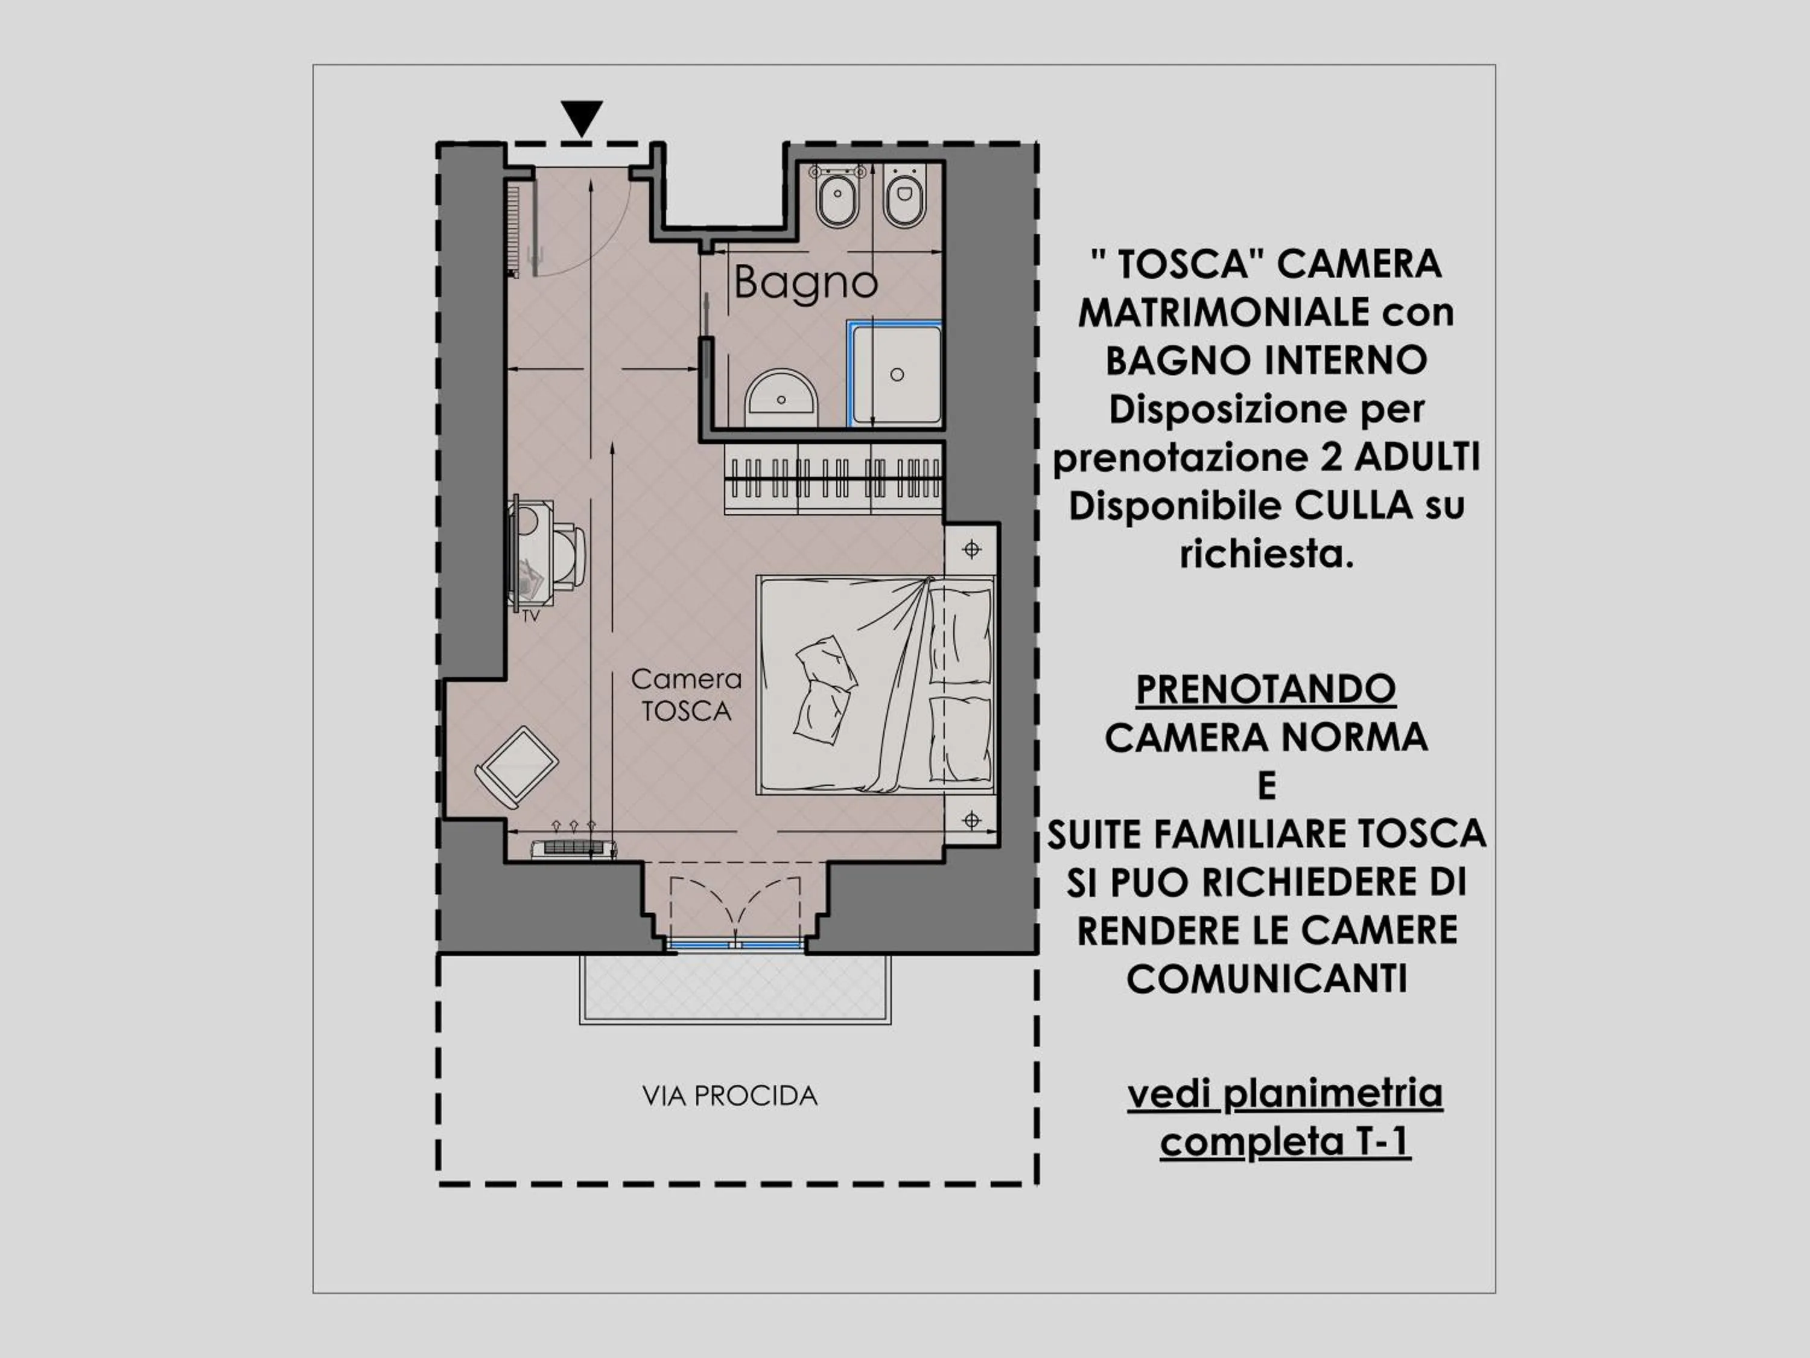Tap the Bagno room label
[x=805, y=283]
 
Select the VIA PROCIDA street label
[x=730, y=1096]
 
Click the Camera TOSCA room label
[x=687, y=695]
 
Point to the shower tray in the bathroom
[x=897, y=374]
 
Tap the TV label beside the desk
[x=531, y=616]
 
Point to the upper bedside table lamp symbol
[x=971, y=549]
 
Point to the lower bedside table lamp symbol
[x=971, y=820]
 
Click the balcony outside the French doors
[x=735, y=987]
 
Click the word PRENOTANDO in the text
[x=1265, y=689]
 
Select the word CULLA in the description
[x=1353, y=506]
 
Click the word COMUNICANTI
[x=1266, y=979]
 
